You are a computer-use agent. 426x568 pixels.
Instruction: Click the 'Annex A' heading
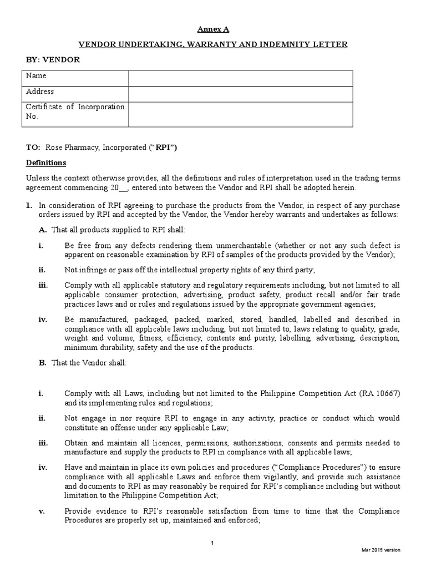click(213, 29)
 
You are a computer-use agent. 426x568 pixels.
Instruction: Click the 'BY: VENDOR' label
click(53, 59)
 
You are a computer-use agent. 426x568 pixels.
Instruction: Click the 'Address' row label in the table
click(40, 92)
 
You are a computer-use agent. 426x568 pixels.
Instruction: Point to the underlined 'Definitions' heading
click(47, 163)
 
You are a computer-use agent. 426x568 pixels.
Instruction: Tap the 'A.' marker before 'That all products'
click(42, 230)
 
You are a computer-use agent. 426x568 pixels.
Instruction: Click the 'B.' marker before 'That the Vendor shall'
click(42, 363)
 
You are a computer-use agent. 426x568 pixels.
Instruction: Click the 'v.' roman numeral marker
click(41, 510)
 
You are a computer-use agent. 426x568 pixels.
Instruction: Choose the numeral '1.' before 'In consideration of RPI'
click(29, 205)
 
